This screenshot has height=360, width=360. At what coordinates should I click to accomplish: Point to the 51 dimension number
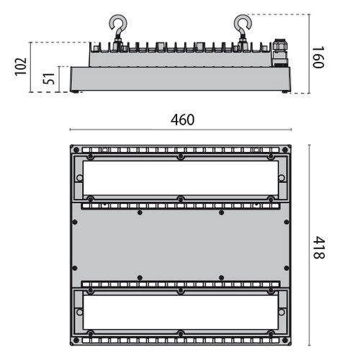click(x=49, y=79)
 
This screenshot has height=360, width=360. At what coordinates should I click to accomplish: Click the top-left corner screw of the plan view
click(x=73, y=150)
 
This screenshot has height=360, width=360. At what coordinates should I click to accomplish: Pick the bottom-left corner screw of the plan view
click(x=73, y=340)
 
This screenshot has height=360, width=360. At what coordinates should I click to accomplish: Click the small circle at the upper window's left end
click(x=78, y=177)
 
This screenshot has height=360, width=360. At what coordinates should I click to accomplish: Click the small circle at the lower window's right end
click(x=282, y=311)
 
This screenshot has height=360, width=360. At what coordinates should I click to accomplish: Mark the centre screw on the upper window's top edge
click(x=180, y=157)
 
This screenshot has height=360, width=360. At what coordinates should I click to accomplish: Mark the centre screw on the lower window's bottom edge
click(x=180, y=333)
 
